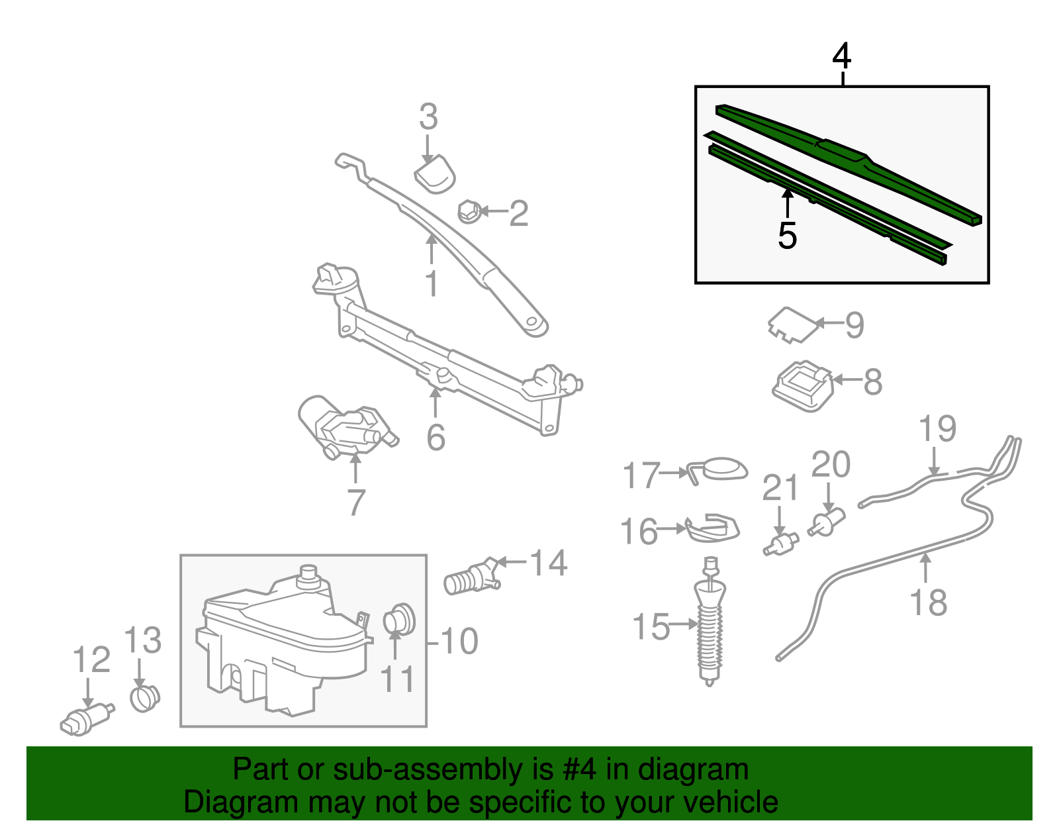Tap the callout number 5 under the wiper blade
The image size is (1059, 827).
click(787, 236)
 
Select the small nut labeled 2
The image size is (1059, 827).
click(469, 212)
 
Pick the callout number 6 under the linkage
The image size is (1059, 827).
click(436, 437)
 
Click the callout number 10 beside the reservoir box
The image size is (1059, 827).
click(459, 641)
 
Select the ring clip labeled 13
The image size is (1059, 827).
click(144, 697)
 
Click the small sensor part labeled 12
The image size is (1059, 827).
click(85, 720)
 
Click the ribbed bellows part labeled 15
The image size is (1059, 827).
click(710, 629)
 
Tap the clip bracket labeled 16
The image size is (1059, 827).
click(712, 528)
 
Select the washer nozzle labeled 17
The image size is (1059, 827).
click(721, 468)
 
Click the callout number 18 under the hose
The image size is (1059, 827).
click(928, 603)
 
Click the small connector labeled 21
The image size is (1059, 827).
click(781, 545)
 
